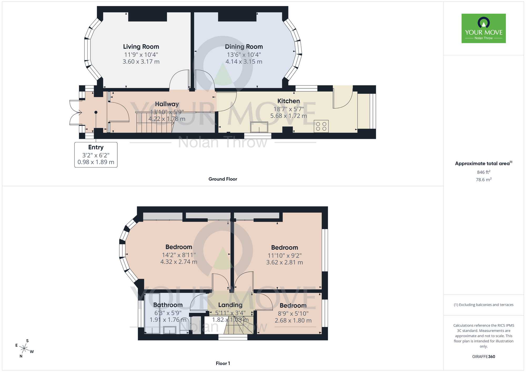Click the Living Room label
click(141, 47)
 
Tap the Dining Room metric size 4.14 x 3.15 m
click(244, 62)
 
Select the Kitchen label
click(289, 101)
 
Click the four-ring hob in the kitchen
click(321, 126)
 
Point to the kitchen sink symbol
click(259, 127)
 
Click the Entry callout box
click(96, 155)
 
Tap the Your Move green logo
click(483, 28)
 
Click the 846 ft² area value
click(483, 172)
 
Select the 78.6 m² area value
click(483, 180)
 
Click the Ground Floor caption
click(223, 179)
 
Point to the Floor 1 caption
click(223, 363)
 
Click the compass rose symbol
click(24, 349)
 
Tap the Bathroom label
click(168, 305)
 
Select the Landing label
click(230, 305)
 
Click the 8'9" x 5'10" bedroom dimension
click(293, 314)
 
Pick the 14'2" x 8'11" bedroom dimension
click(179, 255)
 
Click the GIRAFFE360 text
click(483, 357)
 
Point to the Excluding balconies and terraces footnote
click(483, 305)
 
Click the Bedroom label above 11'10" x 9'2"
click(284, 248)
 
